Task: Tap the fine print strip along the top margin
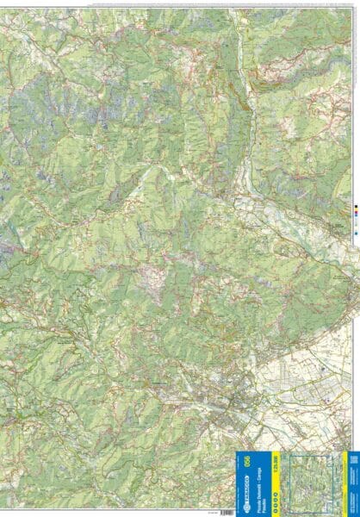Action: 172,2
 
